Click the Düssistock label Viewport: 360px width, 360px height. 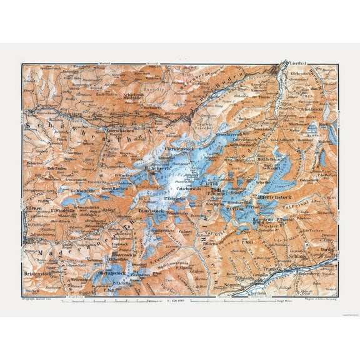154,211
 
